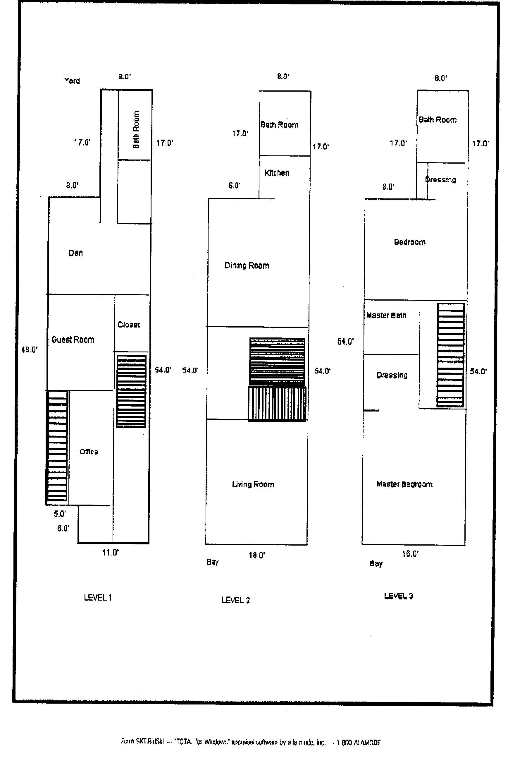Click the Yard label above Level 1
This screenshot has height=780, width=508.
(72, 80)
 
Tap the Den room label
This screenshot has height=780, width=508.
(76, 253)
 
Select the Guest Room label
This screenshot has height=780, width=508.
(73, 340)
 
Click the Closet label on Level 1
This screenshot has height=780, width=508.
(129, 325)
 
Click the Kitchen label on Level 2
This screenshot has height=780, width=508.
(277, 173)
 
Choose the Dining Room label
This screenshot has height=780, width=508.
(247, 265)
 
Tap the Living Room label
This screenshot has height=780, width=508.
(253, 484)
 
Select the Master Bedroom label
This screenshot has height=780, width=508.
(404, 484)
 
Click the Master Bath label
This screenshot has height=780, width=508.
(386, 315)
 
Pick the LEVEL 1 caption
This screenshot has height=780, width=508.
(98, 597)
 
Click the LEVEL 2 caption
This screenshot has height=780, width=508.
(235, 600)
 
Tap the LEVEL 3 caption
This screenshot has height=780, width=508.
(398, 596)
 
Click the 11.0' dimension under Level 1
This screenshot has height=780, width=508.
(110, 553)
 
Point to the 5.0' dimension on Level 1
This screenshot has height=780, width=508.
(60, 514)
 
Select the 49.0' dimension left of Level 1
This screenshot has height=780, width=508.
(30, 349)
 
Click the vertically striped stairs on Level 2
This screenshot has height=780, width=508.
(277, 403)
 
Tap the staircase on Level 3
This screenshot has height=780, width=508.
(451, 355)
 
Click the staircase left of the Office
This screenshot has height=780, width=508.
(57, 447)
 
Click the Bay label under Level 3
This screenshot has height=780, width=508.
(376, 563)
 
